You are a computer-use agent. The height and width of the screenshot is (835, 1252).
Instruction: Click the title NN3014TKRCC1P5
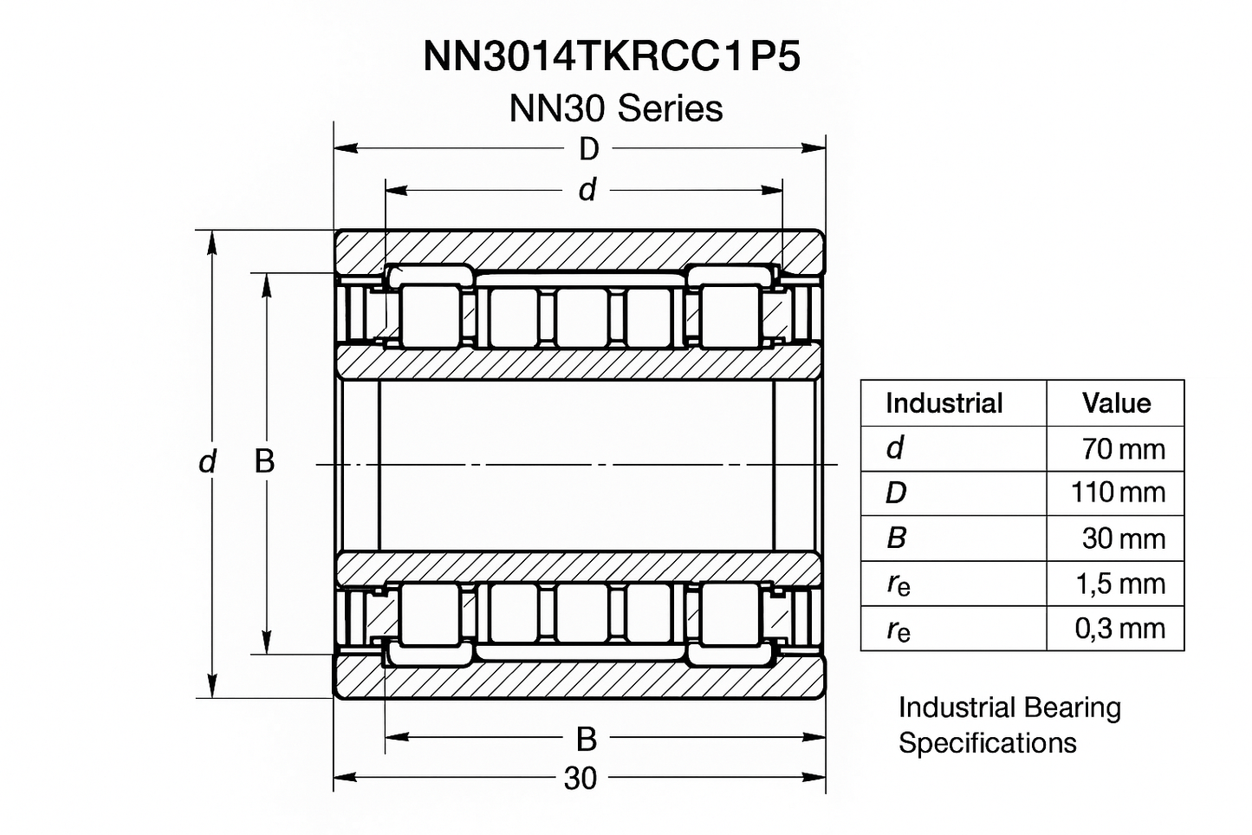click(612, 56)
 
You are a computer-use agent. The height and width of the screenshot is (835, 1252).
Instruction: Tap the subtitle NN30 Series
click(615, 108)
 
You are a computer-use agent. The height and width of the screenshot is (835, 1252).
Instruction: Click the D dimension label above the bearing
click(588, 149)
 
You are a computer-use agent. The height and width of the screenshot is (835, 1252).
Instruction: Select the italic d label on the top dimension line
click(587, 190)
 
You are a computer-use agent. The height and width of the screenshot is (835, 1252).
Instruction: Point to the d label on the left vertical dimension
click(207, 462)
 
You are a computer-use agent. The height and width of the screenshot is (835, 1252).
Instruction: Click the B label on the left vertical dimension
click(264, 461)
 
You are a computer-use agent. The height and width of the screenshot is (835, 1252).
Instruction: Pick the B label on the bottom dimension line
click(587, 739)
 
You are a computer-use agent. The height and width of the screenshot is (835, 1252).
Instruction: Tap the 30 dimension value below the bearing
click(581, 779)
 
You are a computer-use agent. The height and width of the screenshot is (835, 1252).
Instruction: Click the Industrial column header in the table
click(944, 403)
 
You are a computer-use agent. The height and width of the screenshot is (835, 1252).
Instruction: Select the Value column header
click(1116, 403)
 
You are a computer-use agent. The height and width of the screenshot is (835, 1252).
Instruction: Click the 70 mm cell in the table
click(1123, 449)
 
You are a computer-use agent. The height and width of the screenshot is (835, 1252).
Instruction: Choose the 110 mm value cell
click(1118, 493)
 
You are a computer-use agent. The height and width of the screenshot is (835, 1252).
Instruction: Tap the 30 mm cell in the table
click(1123, 538)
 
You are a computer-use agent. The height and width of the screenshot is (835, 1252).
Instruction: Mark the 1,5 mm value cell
click(1119, 584)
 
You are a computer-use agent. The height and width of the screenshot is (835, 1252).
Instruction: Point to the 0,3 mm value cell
click(1119, 628)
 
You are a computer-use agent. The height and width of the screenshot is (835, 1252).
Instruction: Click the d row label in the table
click(895, 448)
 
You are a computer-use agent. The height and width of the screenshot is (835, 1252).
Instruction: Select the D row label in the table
click(896, 493)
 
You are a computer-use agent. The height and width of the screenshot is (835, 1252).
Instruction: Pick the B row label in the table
click(896, 538)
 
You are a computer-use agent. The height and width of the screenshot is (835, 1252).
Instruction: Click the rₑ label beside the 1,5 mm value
click(898, 584)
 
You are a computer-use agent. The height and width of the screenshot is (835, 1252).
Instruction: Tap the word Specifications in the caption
click(987, 743)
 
